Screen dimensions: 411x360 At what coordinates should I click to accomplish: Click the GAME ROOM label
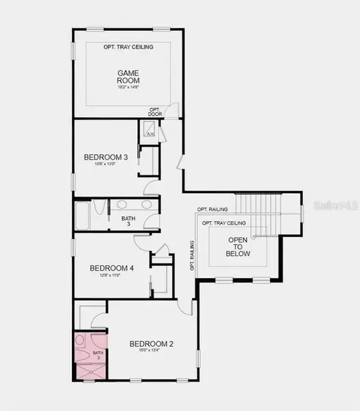128,76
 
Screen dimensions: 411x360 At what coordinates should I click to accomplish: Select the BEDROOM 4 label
111,268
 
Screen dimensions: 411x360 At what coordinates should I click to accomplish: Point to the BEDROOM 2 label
151,343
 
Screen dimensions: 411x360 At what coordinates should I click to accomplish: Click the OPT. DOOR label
155,112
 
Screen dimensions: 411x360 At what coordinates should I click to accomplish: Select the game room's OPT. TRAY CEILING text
128,47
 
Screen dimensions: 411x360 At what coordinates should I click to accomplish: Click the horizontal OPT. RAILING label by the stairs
213,209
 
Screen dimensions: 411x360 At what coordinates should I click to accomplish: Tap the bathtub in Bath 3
82,216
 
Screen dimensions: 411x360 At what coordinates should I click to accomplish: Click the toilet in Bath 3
99,208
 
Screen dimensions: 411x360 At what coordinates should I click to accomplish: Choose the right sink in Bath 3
145,204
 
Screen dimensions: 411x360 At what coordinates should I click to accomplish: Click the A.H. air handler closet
150,132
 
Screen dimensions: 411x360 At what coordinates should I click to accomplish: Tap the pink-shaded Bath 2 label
97,355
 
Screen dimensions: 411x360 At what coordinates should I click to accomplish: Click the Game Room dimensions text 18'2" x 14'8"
128,88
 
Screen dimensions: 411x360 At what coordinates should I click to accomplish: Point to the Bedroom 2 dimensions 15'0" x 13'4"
151,351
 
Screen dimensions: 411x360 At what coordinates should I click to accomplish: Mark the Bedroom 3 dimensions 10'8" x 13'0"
101,164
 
